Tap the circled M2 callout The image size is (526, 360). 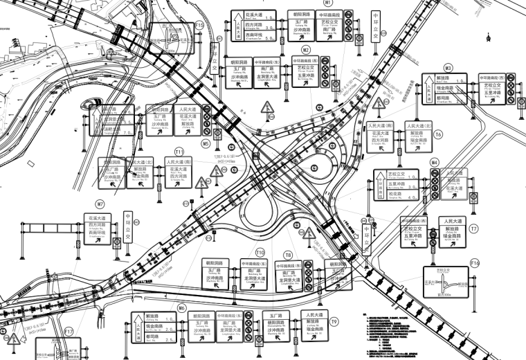pos(305,51)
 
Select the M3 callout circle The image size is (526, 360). pos(448,68)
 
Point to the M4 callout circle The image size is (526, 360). pos(435,162)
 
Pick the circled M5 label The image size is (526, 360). pos(206,144)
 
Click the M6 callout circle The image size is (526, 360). pos(182,307)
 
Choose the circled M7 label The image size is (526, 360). pos(100,204)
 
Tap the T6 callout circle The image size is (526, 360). pos(438,134)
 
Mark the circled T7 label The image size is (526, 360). pos(473,228)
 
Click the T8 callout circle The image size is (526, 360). pos(288,255)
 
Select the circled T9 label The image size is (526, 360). pos(334,322)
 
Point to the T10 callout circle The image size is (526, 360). pos(260,252)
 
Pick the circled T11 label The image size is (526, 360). pos(179,151)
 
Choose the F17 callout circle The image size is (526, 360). pos(69,332)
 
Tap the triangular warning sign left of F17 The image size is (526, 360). pos(12,339)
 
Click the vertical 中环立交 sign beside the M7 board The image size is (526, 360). pos(128,227)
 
